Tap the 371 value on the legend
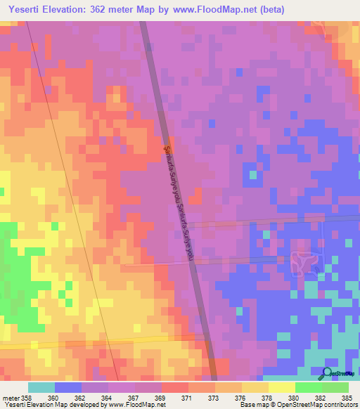(x=186, y=398)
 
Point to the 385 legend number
(x=346, y=398)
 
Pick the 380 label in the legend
(x=294, y=398)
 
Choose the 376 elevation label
(x=240, y=398)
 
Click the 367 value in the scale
(x=133, y=398)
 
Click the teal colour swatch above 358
(x=41, y=387)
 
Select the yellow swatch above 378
(x=255, y=387)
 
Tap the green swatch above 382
(x=309, y=387)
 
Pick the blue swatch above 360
(x=68, y=387)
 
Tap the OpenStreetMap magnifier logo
(x=328, y=373)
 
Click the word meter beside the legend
(x=11, y=398)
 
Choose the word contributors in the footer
(x=340, y=405)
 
